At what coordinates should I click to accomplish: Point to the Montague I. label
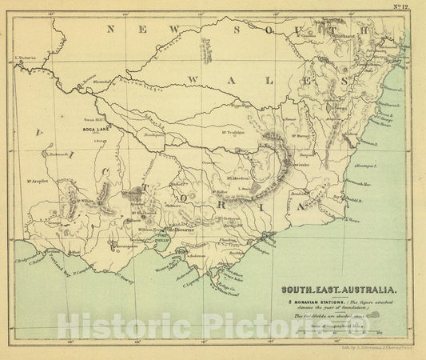click(x=364, y=163)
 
